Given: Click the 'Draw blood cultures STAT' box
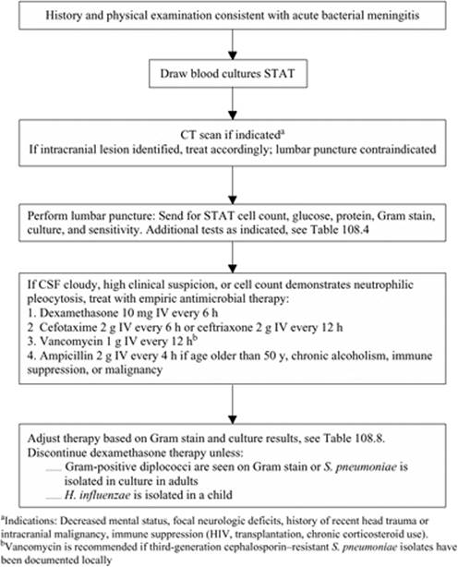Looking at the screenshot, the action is [x=228, y=74].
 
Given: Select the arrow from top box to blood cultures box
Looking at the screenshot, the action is [x=233, y=44].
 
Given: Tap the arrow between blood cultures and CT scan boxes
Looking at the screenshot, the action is [x=233, y=103].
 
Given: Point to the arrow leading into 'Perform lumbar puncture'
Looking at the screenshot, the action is [x=233, y=185].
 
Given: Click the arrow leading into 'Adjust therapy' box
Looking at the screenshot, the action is [x=233, y=404].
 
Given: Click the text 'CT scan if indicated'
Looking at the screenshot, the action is [x=231, y=135].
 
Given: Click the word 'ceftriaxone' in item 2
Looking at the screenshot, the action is [x=223, y=327].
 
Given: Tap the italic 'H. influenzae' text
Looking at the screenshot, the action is [x=97, y=495].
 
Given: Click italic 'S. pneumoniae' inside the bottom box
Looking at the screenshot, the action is [x=360, y=467].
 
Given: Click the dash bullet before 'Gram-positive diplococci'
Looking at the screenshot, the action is [x=54, y=470].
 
